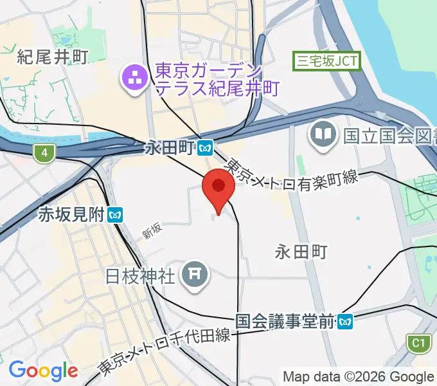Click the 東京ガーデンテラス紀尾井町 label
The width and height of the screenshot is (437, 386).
tap(216, 78)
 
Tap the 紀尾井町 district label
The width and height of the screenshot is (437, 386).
tap(52, 57)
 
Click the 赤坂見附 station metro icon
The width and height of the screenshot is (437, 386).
tap(116, 214)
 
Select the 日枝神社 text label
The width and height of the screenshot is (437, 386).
tap(141, 277)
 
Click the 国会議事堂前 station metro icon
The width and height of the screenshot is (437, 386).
tap(346, 320)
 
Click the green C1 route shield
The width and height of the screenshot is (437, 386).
tap(419, 343)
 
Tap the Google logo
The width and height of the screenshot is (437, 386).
tap(43, 371)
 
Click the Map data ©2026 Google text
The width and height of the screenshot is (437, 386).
tap(359, 376)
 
